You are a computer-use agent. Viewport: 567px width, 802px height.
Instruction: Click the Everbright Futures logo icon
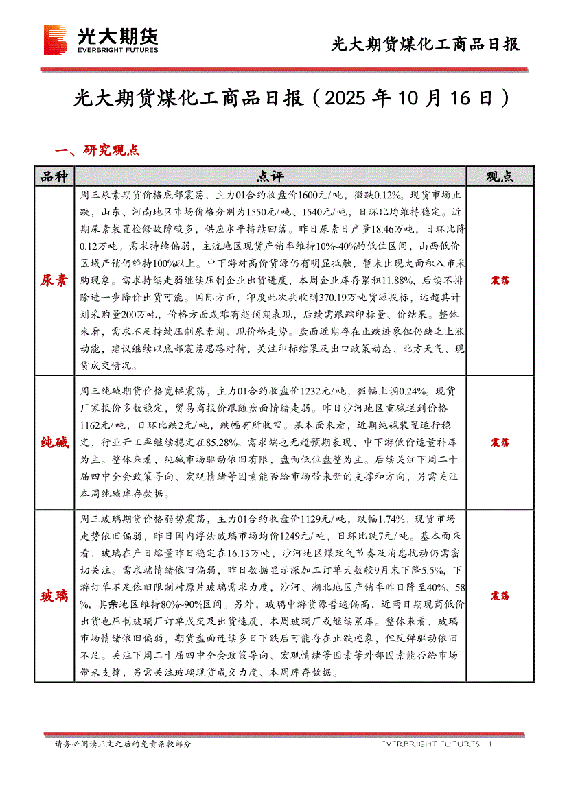pos(55,39)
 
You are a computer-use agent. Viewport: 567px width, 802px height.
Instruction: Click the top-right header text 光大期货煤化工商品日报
pos(426,45)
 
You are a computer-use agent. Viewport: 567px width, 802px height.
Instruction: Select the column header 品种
pos(54,176)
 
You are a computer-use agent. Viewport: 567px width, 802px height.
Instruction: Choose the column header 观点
pos(499,176)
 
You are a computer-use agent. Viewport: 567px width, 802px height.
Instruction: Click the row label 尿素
pos(54,281)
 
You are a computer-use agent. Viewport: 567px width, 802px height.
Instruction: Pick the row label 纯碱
pos(54,442)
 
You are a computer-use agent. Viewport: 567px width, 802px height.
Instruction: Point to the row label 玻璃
pos(54,596)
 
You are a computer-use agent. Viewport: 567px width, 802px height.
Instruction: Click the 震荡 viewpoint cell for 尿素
pos(499,281)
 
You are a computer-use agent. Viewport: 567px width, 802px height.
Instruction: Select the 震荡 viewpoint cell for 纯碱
pos(499,443)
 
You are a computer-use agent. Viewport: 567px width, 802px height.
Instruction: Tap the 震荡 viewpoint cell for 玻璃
pos(499,596)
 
